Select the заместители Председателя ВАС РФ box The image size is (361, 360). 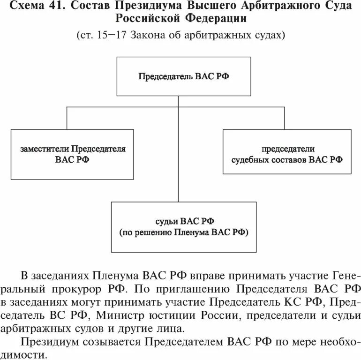coord(73,154)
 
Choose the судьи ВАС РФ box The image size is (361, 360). coord(184,226)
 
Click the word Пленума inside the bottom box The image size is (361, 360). coord(192,232)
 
